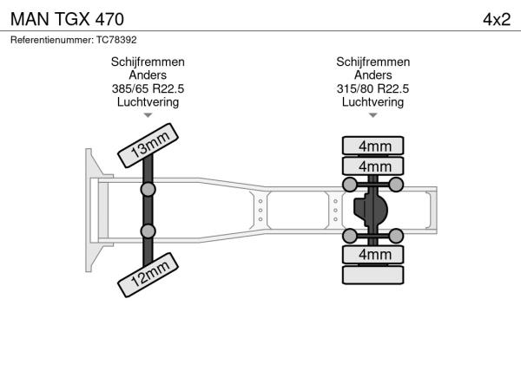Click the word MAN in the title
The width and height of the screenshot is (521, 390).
30,18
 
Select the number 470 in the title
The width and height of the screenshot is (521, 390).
109,18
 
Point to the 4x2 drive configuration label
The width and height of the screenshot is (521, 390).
498,18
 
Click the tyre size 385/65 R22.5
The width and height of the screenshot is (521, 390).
148,88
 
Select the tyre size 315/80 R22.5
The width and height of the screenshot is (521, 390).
373,88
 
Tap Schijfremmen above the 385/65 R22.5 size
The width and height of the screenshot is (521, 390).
148,62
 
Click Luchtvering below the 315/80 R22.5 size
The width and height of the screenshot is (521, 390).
373,101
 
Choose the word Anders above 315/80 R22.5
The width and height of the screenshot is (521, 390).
373,75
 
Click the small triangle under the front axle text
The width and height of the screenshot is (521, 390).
148,114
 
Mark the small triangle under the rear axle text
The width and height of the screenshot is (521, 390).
373,114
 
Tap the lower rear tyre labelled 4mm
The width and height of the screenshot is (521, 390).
373,254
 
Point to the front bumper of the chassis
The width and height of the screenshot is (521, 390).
89,209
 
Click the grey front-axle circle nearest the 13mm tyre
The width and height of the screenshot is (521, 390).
148,189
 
